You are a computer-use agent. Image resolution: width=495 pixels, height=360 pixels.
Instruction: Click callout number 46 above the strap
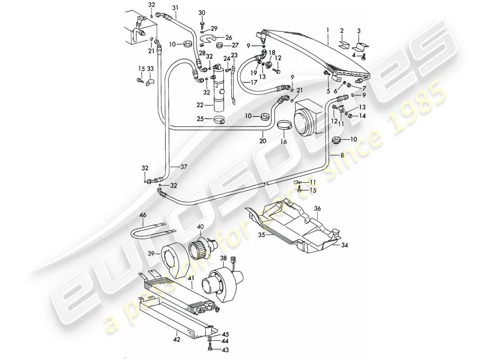(x=143, y=216)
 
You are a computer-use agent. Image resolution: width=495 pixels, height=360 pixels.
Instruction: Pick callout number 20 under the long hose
(x=262, y=141)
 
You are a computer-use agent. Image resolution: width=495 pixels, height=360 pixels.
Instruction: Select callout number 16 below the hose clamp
(x=283, y=141)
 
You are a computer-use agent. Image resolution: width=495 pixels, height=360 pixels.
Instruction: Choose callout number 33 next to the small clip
(x=150, y=68)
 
